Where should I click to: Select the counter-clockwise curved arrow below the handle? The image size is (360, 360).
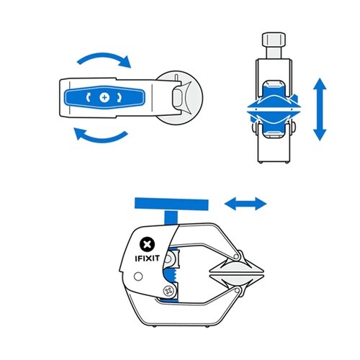pos(102,135)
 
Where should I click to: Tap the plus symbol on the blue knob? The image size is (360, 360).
pos(105,96)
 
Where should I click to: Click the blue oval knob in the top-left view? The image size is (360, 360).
pos(105,96)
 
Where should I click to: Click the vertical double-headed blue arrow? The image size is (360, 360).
pos(320,109)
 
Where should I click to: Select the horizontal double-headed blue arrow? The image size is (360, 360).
pos(245,204)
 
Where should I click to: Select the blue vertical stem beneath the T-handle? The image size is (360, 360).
pos(171,219)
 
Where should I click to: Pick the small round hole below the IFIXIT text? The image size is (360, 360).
pos(138,277)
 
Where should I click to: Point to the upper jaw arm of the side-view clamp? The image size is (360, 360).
pos(209,241)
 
